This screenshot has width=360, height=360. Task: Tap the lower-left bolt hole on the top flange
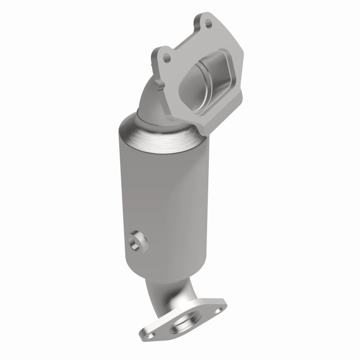tap(167, 58)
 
